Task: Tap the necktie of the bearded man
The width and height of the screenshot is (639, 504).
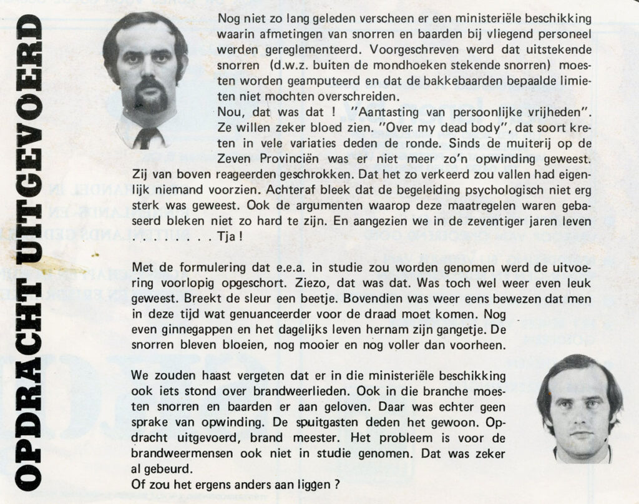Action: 145,137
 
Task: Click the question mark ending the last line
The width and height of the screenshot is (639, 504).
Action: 336,482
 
